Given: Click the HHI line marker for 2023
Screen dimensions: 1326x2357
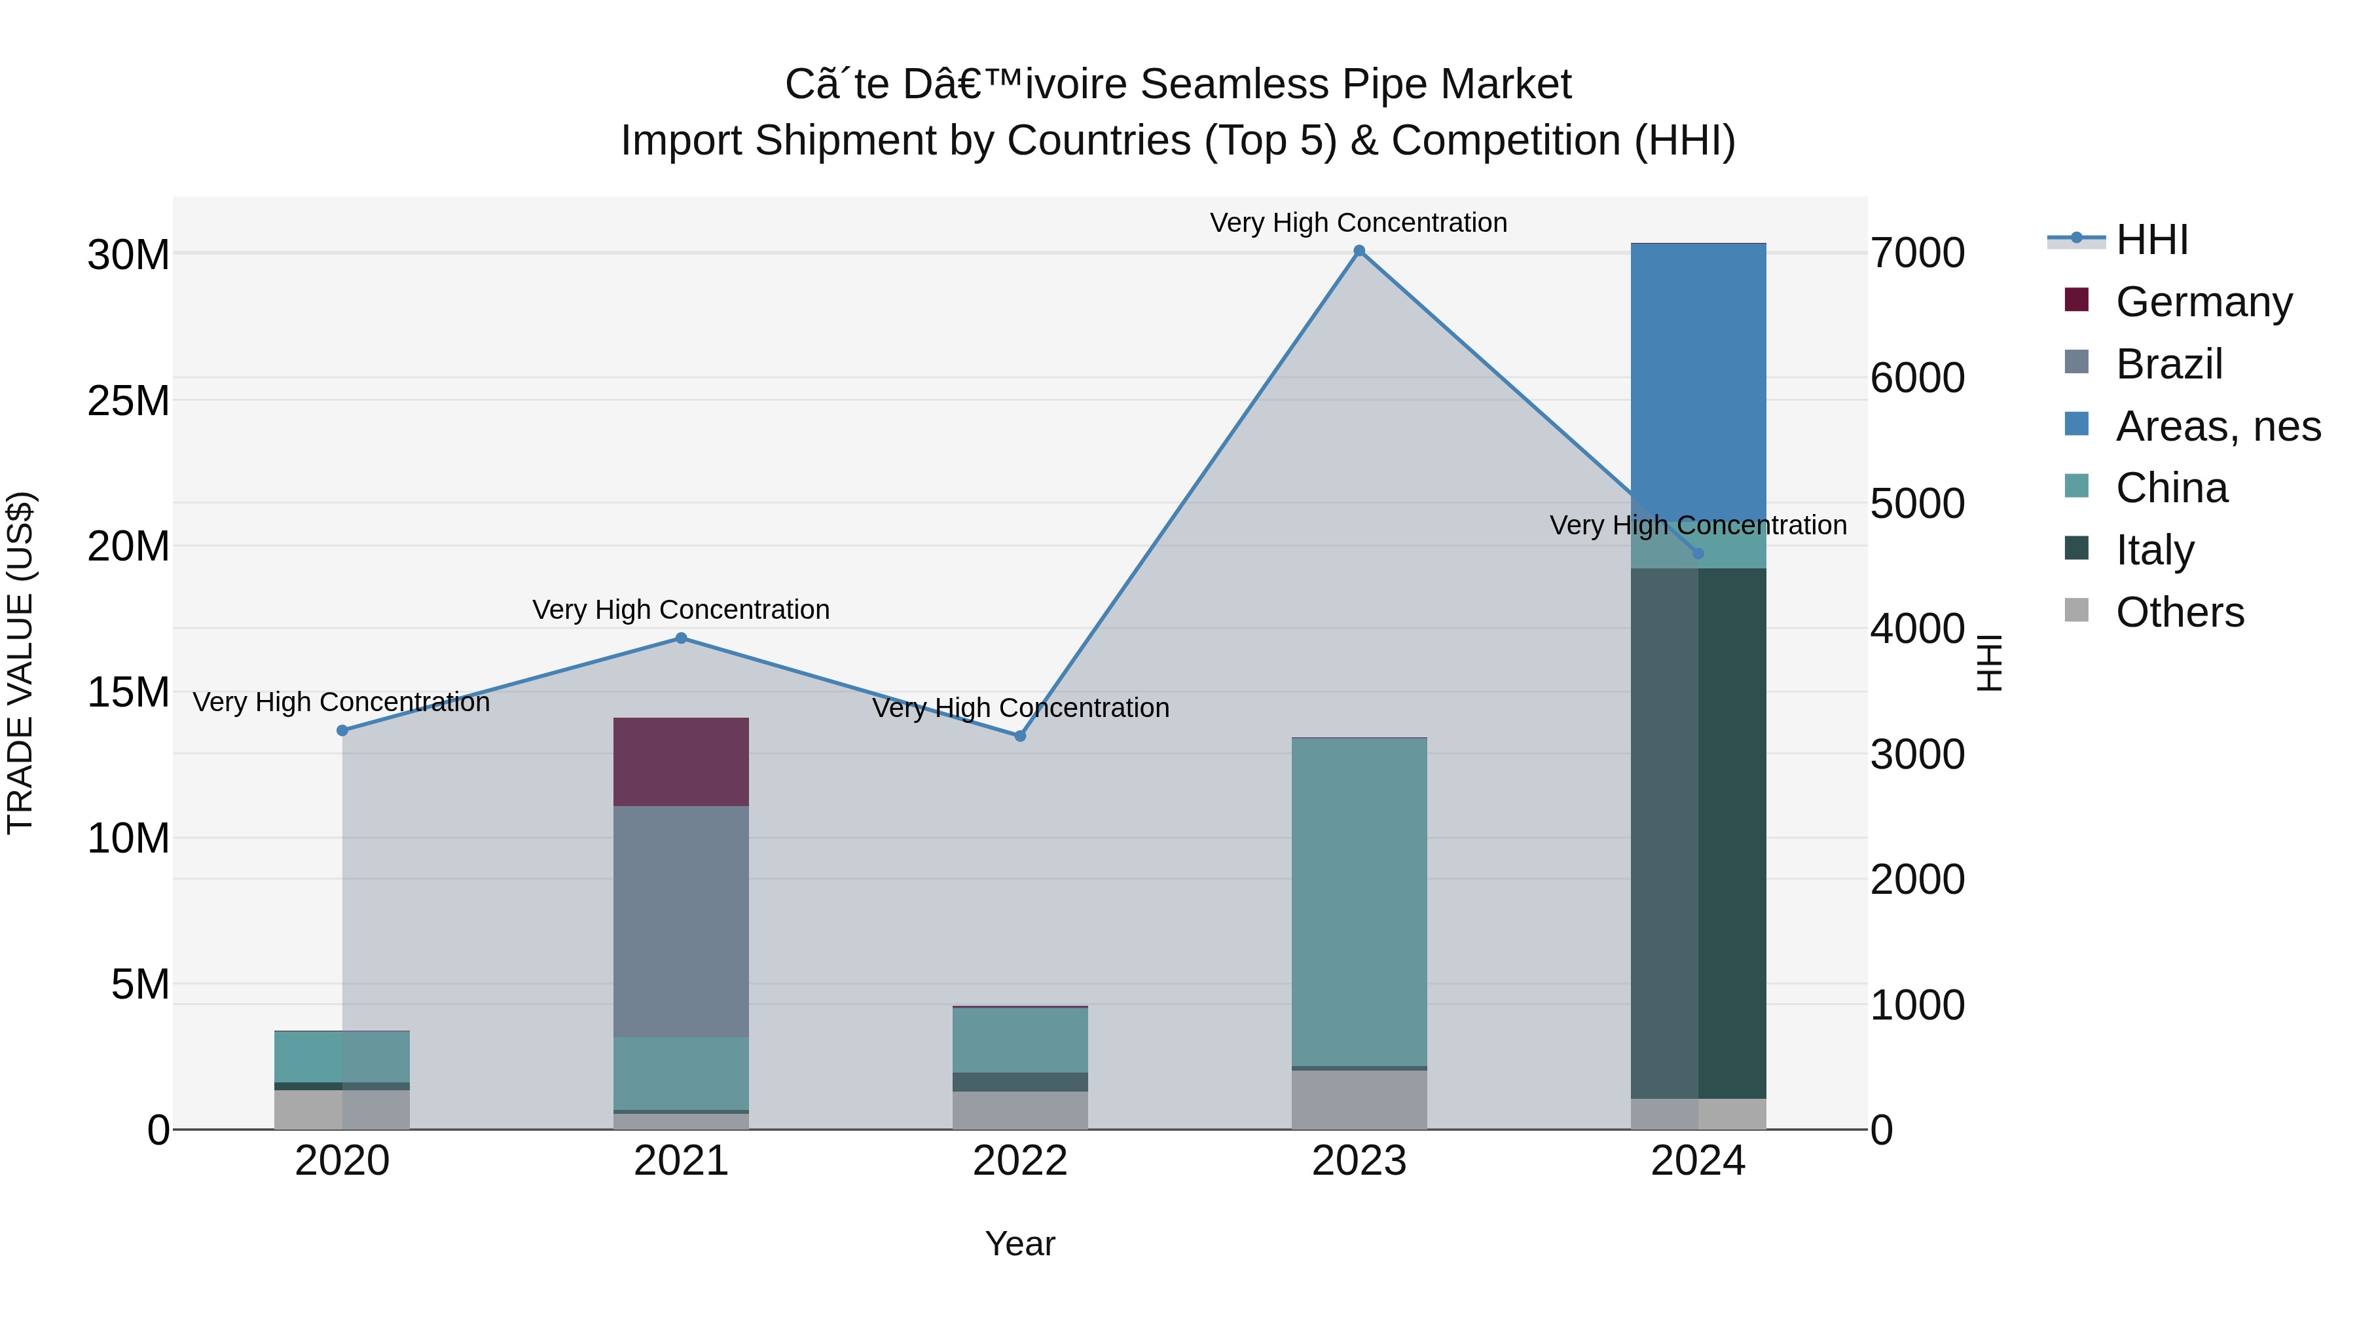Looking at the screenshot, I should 1359,251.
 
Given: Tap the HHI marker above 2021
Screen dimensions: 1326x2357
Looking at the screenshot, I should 681,638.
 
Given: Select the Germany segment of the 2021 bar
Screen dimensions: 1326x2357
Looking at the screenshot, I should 681,762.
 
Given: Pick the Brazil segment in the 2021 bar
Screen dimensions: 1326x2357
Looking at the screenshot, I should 681,921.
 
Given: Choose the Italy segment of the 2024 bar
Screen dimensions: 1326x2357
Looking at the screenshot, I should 1698,833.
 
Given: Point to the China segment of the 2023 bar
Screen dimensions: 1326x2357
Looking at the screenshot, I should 1359,902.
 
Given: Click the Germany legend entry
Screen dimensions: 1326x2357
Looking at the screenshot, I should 2203,302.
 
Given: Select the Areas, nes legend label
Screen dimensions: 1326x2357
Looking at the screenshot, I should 2218,426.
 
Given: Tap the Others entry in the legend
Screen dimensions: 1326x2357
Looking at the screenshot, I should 2180,612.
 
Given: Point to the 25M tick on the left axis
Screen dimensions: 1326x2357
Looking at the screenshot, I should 128,401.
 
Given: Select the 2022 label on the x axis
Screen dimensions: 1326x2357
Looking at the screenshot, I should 1020,1161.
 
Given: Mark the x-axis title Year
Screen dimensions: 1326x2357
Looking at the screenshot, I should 1020,1243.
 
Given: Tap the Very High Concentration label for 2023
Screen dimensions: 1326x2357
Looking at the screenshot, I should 1359,223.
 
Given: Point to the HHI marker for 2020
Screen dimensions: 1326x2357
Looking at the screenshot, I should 342,730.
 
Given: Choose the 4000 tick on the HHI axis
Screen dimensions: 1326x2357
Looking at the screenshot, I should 1918,629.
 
